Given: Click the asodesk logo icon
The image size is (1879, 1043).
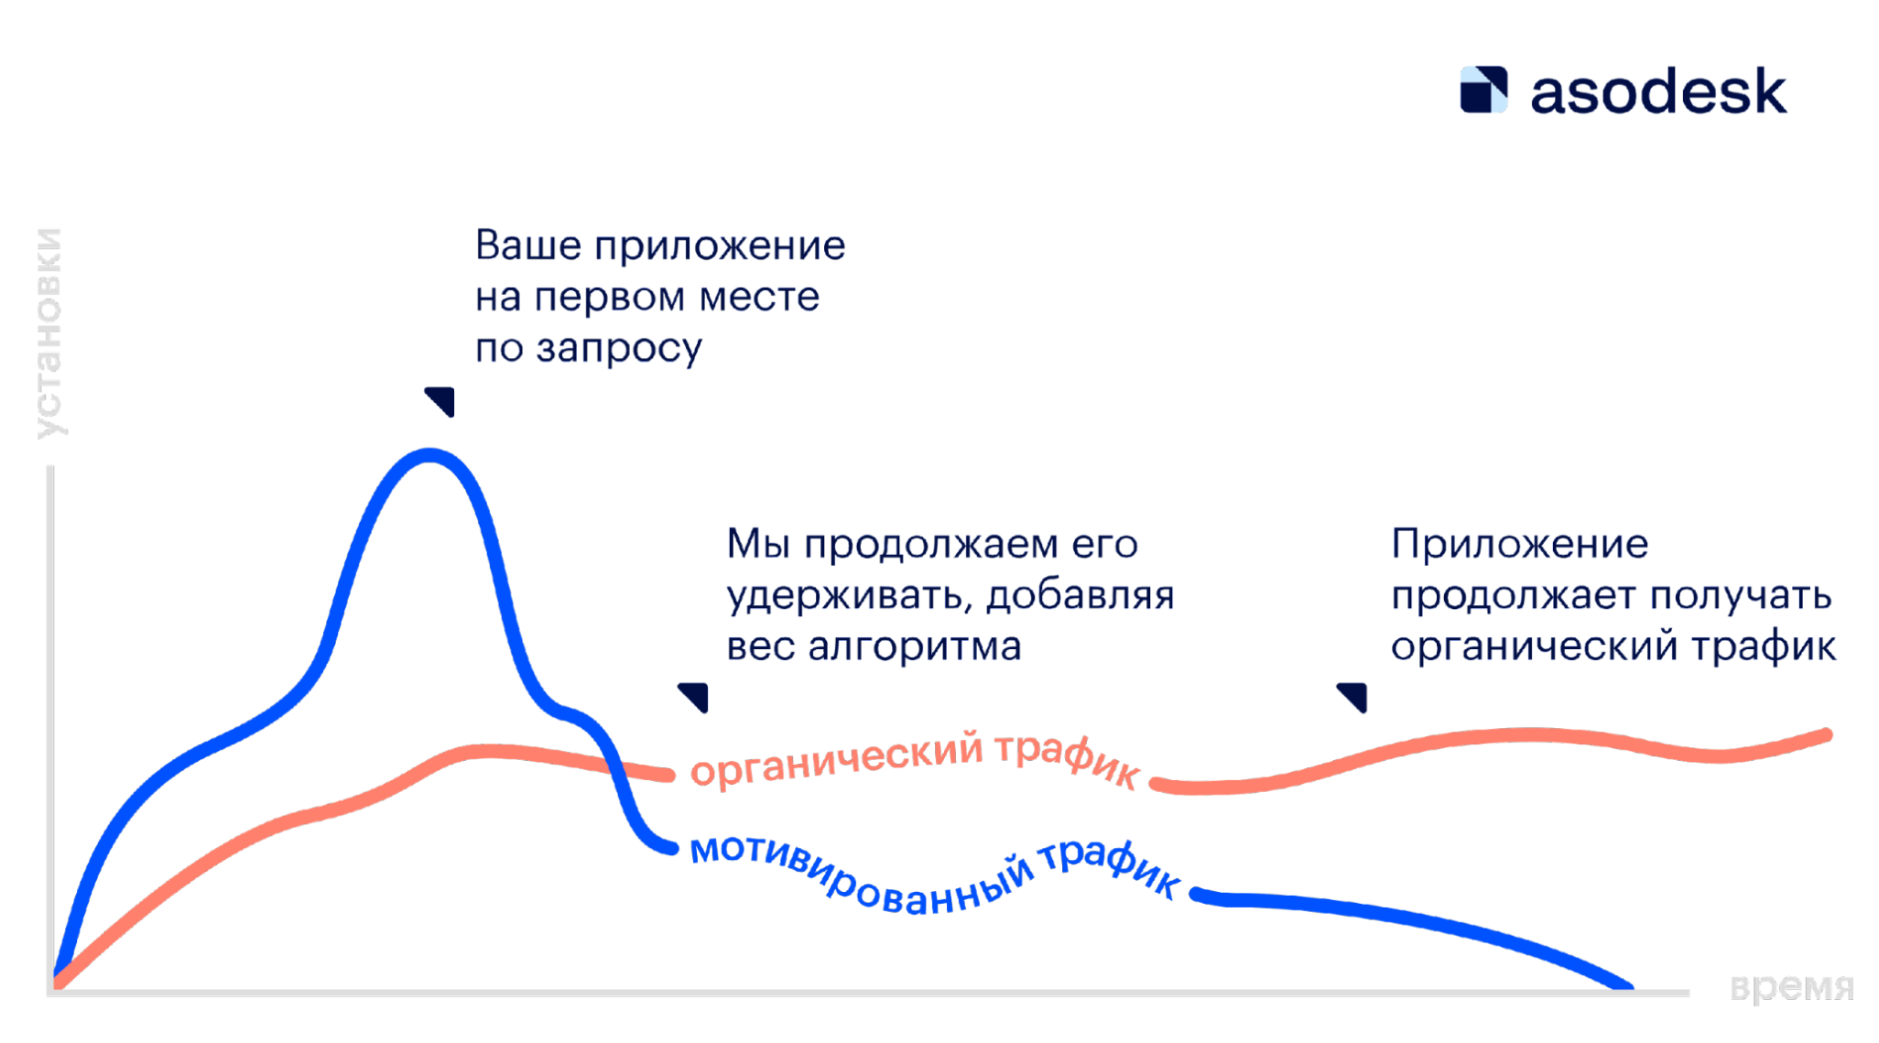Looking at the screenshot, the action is click(x=1483, y=90).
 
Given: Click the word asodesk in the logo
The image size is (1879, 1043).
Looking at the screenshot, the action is click(x=1658, y=92).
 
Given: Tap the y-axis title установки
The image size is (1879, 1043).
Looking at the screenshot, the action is click(x=49, y=333).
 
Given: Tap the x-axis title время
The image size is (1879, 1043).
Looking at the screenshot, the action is click(x=1792, y=988).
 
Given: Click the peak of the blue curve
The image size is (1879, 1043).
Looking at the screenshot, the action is click(x=429, y=455).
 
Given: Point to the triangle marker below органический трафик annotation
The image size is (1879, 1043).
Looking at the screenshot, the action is click(x=1354, y=697).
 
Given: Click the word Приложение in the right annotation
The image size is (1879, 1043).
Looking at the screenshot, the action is click(x=1520, y=544).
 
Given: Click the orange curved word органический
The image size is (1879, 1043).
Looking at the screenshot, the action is click(x=837, y=759).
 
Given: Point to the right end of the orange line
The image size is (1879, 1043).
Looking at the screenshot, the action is click(x=1826, y=735).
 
